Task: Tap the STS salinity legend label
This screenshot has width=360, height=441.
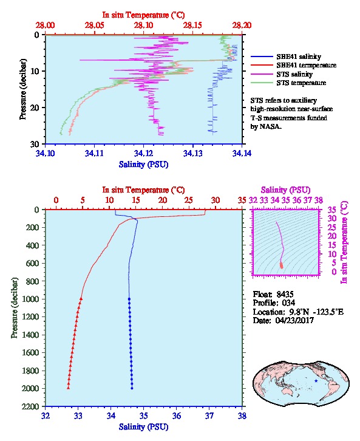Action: [x=294, y=74]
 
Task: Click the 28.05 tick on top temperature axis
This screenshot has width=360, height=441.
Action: [x=95, y=26]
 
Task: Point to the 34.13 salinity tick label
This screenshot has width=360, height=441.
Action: [x=193, y=153]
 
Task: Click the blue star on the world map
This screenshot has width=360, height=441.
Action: [x=316, y=381]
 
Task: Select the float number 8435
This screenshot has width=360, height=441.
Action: [x=285, y=294]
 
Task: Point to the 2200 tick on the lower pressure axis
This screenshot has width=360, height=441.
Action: [x=30, y=406]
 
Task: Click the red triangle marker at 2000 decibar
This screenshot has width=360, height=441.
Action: [x=68, y=388]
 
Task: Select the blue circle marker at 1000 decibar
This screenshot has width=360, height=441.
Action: [x=129, y=299]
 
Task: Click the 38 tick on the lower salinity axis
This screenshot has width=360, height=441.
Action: [x=242, y=415]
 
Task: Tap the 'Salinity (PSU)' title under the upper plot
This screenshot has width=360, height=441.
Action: [x=144, y=164]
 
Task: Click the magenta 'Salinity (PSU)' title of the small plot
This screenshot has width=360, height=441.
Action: [x=285, y=190]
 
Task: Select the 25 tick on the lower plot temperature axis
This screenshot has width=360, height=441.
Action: [x=189, y=200]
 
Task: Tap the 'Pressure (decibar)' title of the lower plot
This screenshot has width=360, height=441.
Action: [x=15, y=308]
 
